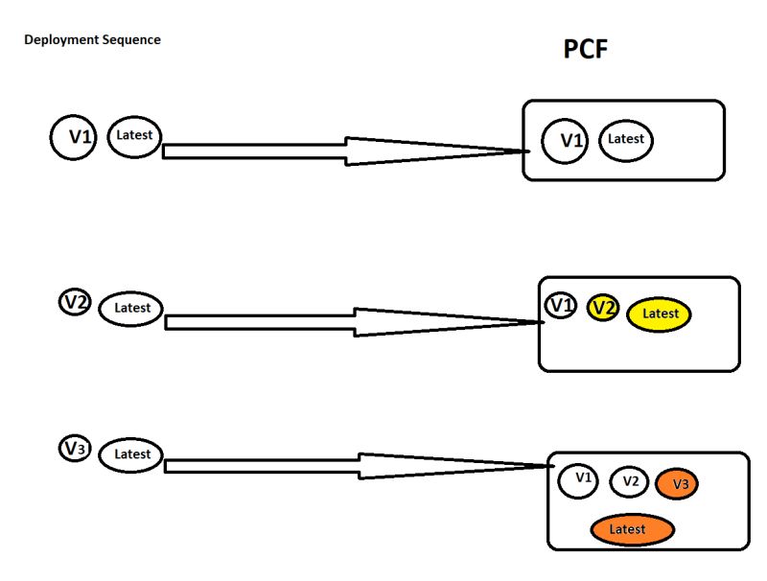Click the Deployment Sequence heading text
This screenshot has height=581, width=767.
pyautogui.click(x=92, y=40)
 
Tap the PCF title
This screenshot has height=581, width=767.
pyautogui.click(x=585, y=50)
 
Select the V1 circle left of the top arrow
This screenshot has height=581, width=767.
pyautogui.click(x=76, y=137)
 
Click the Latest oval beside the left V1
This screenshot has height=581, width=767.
pyautogui.click(x=134, y=135)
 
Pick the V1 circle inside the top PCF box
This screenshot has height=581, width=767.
pyautogui.click(x=568, y=140)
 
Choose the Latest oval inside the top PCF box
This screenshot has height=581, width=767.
pyautogui.click(x=626, y=139)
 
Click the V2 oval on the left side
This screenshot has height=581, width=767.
pyautogui.click(x=75, y=303)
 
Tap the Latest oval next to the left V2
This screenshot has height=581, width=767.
pyautogui.click(x=131, y=308)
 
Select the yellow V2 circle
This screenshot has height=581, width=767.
pyautogui.click(x=602, y=307)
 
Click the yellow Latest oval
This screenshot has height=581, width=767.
pyautogui.click(x=659, y=314)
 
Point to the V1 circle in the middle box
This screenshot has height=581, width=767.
pyautogui.click(x=561, y=305)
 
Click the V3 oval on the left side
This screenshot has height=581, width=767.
pyautogui.click(x=75, y=448)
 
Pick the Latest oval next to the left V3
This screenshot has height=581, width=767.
pyautogui.click(x=131, y=453)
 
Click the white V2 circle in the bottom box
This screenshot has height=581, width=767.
pyautogui.click(x=629, y=481)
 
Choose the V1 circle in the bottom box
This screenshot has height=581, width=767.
pyautogui.click(x=579, y=478)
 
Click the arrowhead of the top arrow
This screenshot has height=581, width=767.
pyautogui.click(x=431, y=151)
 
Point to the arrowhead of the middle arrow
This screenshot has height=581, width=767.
pyautogui.click(x=441, y=322)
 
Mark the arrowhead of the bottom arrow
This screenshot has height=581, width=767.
pyautogui.click(x=441, y=466)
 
